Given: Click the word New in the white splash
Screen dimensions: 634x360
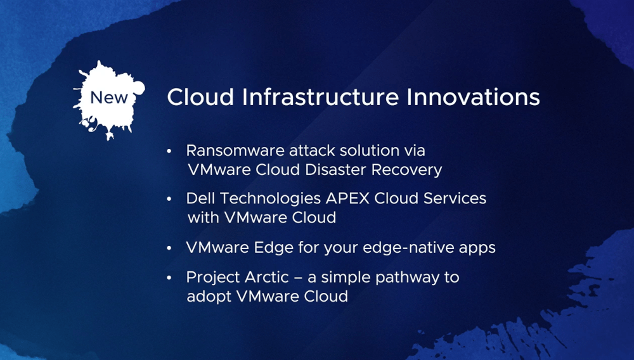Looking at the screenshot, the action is [x=109, y=98].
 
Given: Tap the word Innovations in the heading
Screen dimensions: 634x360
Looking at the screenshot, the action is [x=473, y=97].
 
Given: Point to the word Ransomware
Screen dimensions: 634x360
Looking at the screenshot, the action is [x=235, y=151].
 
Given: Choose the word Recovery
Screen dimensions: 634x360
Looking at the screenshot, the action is [x=406, y=170].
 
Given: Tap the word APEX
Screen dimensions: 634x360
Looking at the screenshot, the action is [x=347, y=198].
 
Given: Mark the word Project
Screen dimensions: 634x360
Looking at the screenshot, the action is [x=212, y=278].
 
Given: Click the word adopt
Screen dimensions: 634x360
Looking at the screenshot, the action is [x=209, y=297].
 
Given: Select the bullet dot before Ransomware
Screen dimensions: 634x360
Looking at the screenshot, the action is [x=169, y=151].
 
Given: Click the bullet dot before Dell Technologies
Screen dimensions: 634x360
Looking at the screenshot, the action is [x=169, y=199].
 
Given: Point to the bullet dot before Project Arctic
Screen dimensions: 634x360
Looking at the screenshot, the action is [x=169, y=278].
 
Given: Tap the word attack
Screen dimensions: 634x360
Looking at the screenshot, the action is [x=312, y=151].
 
